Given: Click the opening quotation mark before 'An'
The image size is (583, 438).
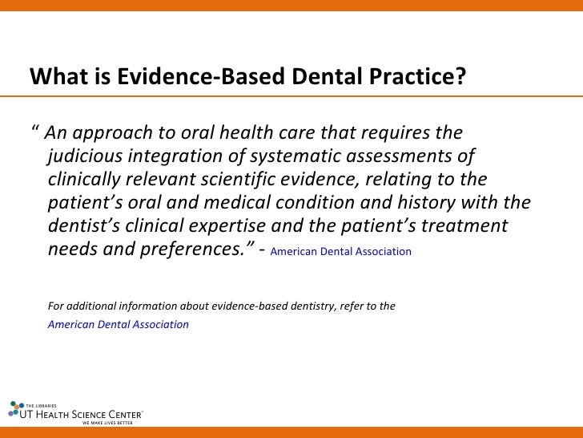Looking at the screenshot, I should (x=34, y=130).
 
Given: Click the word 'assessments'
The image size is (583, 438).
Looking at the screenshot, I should (x=396, y=156).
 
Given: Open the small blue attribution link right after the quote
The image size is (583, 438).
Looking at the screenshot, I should (x=341, y=252).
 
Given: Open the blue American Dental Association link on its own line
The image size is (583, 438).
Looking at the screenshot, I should (x=119, y=325).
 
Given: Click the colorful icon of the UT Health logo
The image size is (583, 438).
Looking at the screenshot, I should (x=14, y=410).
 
